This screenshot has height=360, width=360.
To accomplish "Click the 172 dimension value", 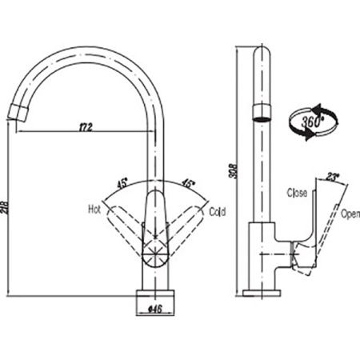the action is point(86,127).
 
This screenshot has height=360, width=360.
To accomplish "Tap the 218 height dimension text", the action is point(5,207).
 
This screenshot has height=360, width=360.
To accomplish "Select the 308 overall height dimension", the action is point(233,171).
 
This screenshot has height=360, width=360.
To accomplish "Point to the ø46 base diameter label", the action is point(154,310).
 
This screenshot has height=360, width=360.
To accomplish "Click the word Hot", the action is point(94,210).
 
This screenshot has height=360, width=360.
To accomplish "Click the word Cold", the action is point(218,212).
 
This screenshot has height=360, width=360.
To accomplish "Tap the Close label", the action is point(297,193).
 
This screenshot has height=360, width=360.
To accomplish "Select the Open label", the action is point(350,214).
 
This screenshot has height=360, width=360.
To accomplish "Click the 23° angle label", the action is point(332,177).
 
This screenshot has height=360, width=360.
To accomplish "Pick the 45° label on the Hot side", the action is point(122,184).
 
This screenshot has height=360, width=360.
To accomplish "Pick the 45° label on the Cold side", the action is point(188,183).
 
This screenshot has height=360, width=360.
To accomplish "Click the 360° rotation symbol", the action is point(313,122).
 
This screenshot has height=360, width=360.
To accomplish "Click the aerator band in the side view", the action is point(262,112).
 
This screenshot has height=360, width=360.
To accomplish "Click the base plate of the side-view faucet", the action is point(262,293).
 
